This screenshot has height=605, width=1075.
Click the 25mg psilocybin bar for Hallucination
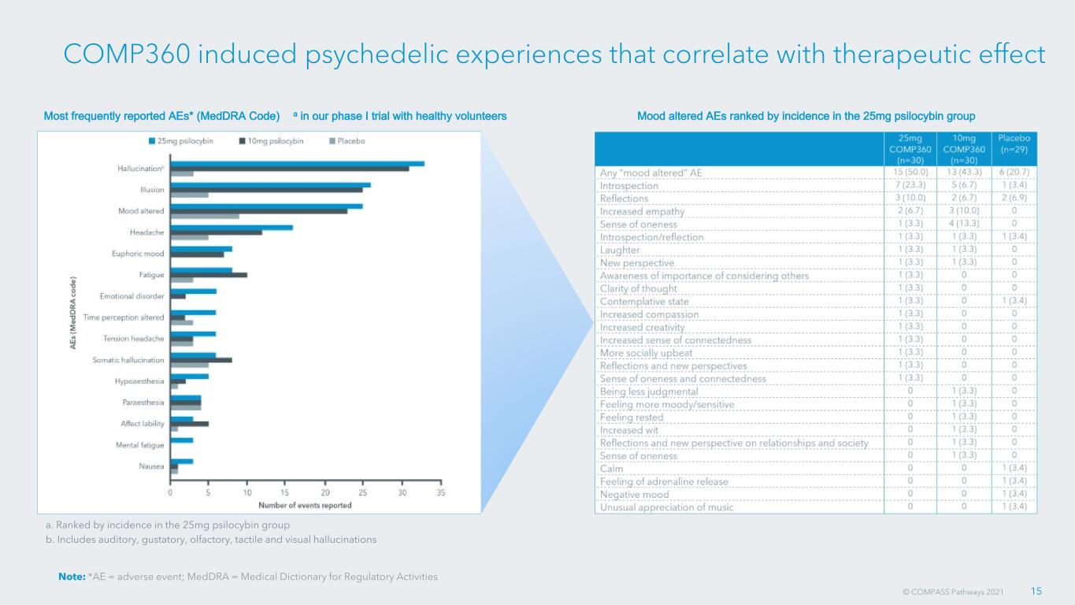tap(298, 164)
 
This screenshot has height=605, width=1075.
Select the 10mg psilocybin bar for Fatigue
tap(209, 275)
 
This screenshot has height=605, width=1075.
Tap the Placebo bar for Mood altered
tap(205, 217)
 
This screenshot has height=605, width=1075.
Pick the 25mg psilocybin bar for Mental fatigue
tap(182, 440)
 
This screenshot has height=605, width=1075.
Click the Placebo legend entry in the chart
tap(347, 141)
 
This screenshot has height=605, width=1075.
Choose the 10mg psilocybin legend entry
tap(272, 141)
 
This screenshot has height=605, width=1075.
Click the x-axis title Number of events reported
tap(306, 505)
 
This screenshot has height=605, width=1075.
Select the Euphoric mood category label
tap(138, 254)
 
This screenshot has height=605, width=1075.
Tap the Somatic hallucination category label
tap(128, 360)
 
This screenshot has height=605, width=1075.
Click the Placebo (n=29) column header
tap(1014, 143)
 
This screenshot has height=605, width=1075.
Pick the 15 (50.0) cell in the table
tap(910, 172)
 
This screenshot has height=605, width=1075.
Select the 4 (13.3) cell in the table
tap(964, 223)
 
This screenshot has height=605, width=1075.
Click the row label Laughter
tap(620, 251)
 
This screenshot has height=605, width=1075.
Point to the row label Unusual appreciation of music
tap(666, 507)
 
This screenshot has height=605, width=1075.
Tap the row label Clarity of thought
tap(638, 288)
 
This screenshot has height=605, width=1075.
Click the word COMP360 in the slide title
tap(127, 54)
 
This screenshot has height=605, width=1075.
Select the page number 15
tap(1036, 591)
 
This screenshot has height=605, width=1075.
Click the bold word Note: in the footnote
tap(72, 577)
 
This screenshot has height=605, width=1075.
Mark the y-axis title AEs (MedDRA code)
tap(73, 313)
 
